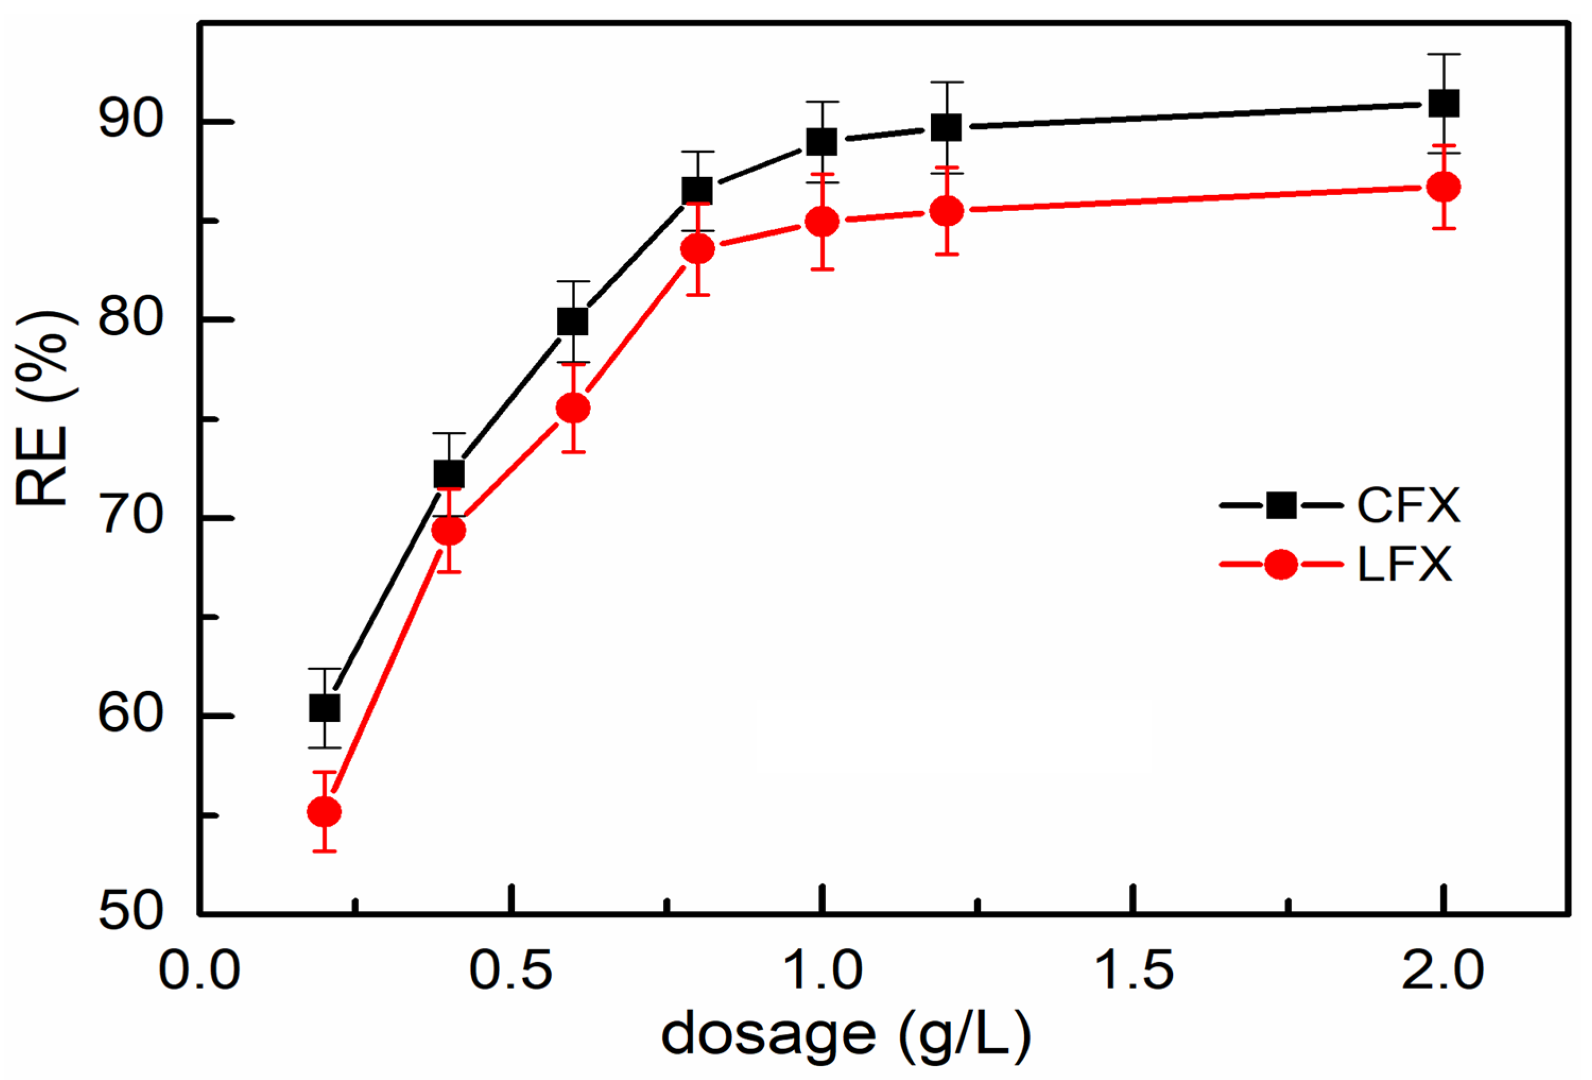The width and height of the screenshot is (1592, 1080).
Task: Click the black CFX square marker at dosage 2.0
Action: point(1443,104)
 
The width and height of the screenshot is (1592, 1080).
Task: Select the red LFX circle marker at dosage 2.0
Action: point(1443,187)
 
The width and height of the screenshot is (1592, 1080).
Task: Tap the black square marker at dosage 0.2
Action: point(325,708)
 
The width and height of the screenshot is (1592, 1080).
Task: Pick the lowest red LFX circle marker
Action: point(325,812)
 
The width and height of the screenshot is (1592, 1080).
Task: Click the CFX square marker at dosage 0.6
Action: point(573,321)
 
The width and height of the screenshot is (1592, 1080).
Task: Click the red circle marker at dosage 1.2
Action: point(947,212)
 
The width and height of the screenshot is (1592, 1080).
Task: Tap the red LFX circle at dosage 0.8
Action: point(697,249)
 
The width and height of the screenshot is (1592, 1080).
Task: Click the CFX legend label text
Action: point(1408,506)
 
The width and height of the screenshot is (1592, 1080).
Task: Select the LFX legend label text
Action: point(1404,565)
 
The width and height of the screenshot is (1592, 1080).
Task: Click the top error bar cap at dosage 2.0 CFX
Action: point(1443,54)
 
